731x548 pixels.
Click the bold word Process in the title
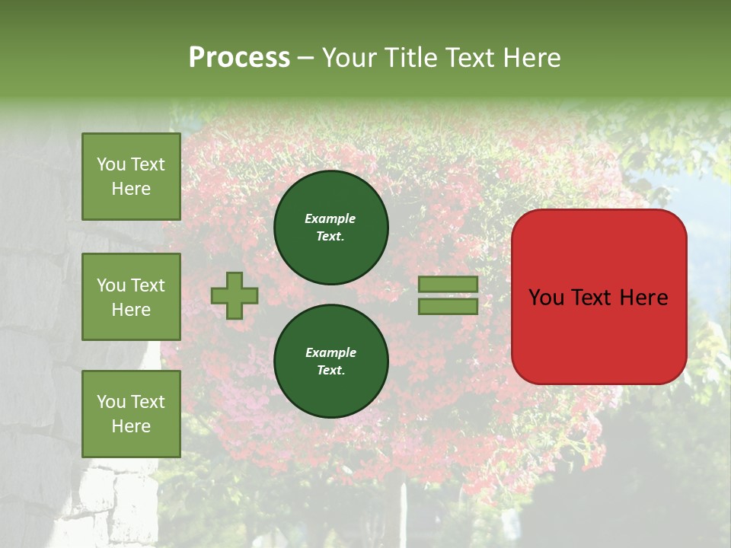click(x=239, y=58)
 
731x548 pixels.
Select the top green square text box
click(x=131, y=177)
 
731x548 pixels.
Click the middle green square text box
click(x=131, y=297)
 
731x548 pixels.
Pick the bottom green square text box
click(x=131, y=413)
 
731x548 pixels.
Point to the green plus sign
click(x=235, y=295)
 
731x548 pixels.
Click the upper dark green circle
click(x=330, y=227)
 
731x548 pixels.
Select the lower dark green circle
click(x=330, y=361)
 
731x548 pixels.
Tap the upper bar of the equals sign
click(x=448, y=285)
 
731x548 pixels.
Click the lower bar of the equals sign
click(x=448, y=306)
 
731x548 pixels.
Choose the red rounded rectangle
click(x=599, y=297)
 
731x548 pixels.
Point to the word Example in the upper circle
click(x=330, y=219)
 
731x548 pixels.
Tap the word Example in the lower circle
click(x=330, y=353)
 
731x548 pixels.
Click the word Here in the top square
click(x=131, y=189)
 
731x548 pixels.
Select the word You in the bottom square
click(x=111, y=402)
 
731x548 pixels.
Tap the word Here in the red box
click(x=643, y=298)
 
